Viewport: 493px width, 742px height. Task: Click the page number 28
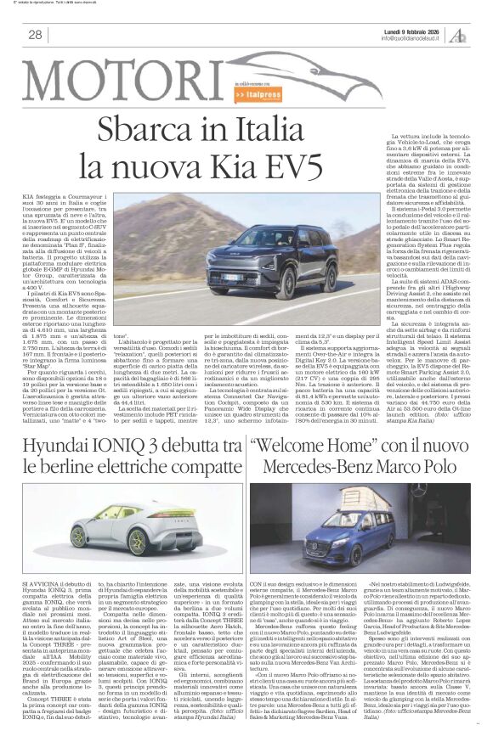click(35, 35)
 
